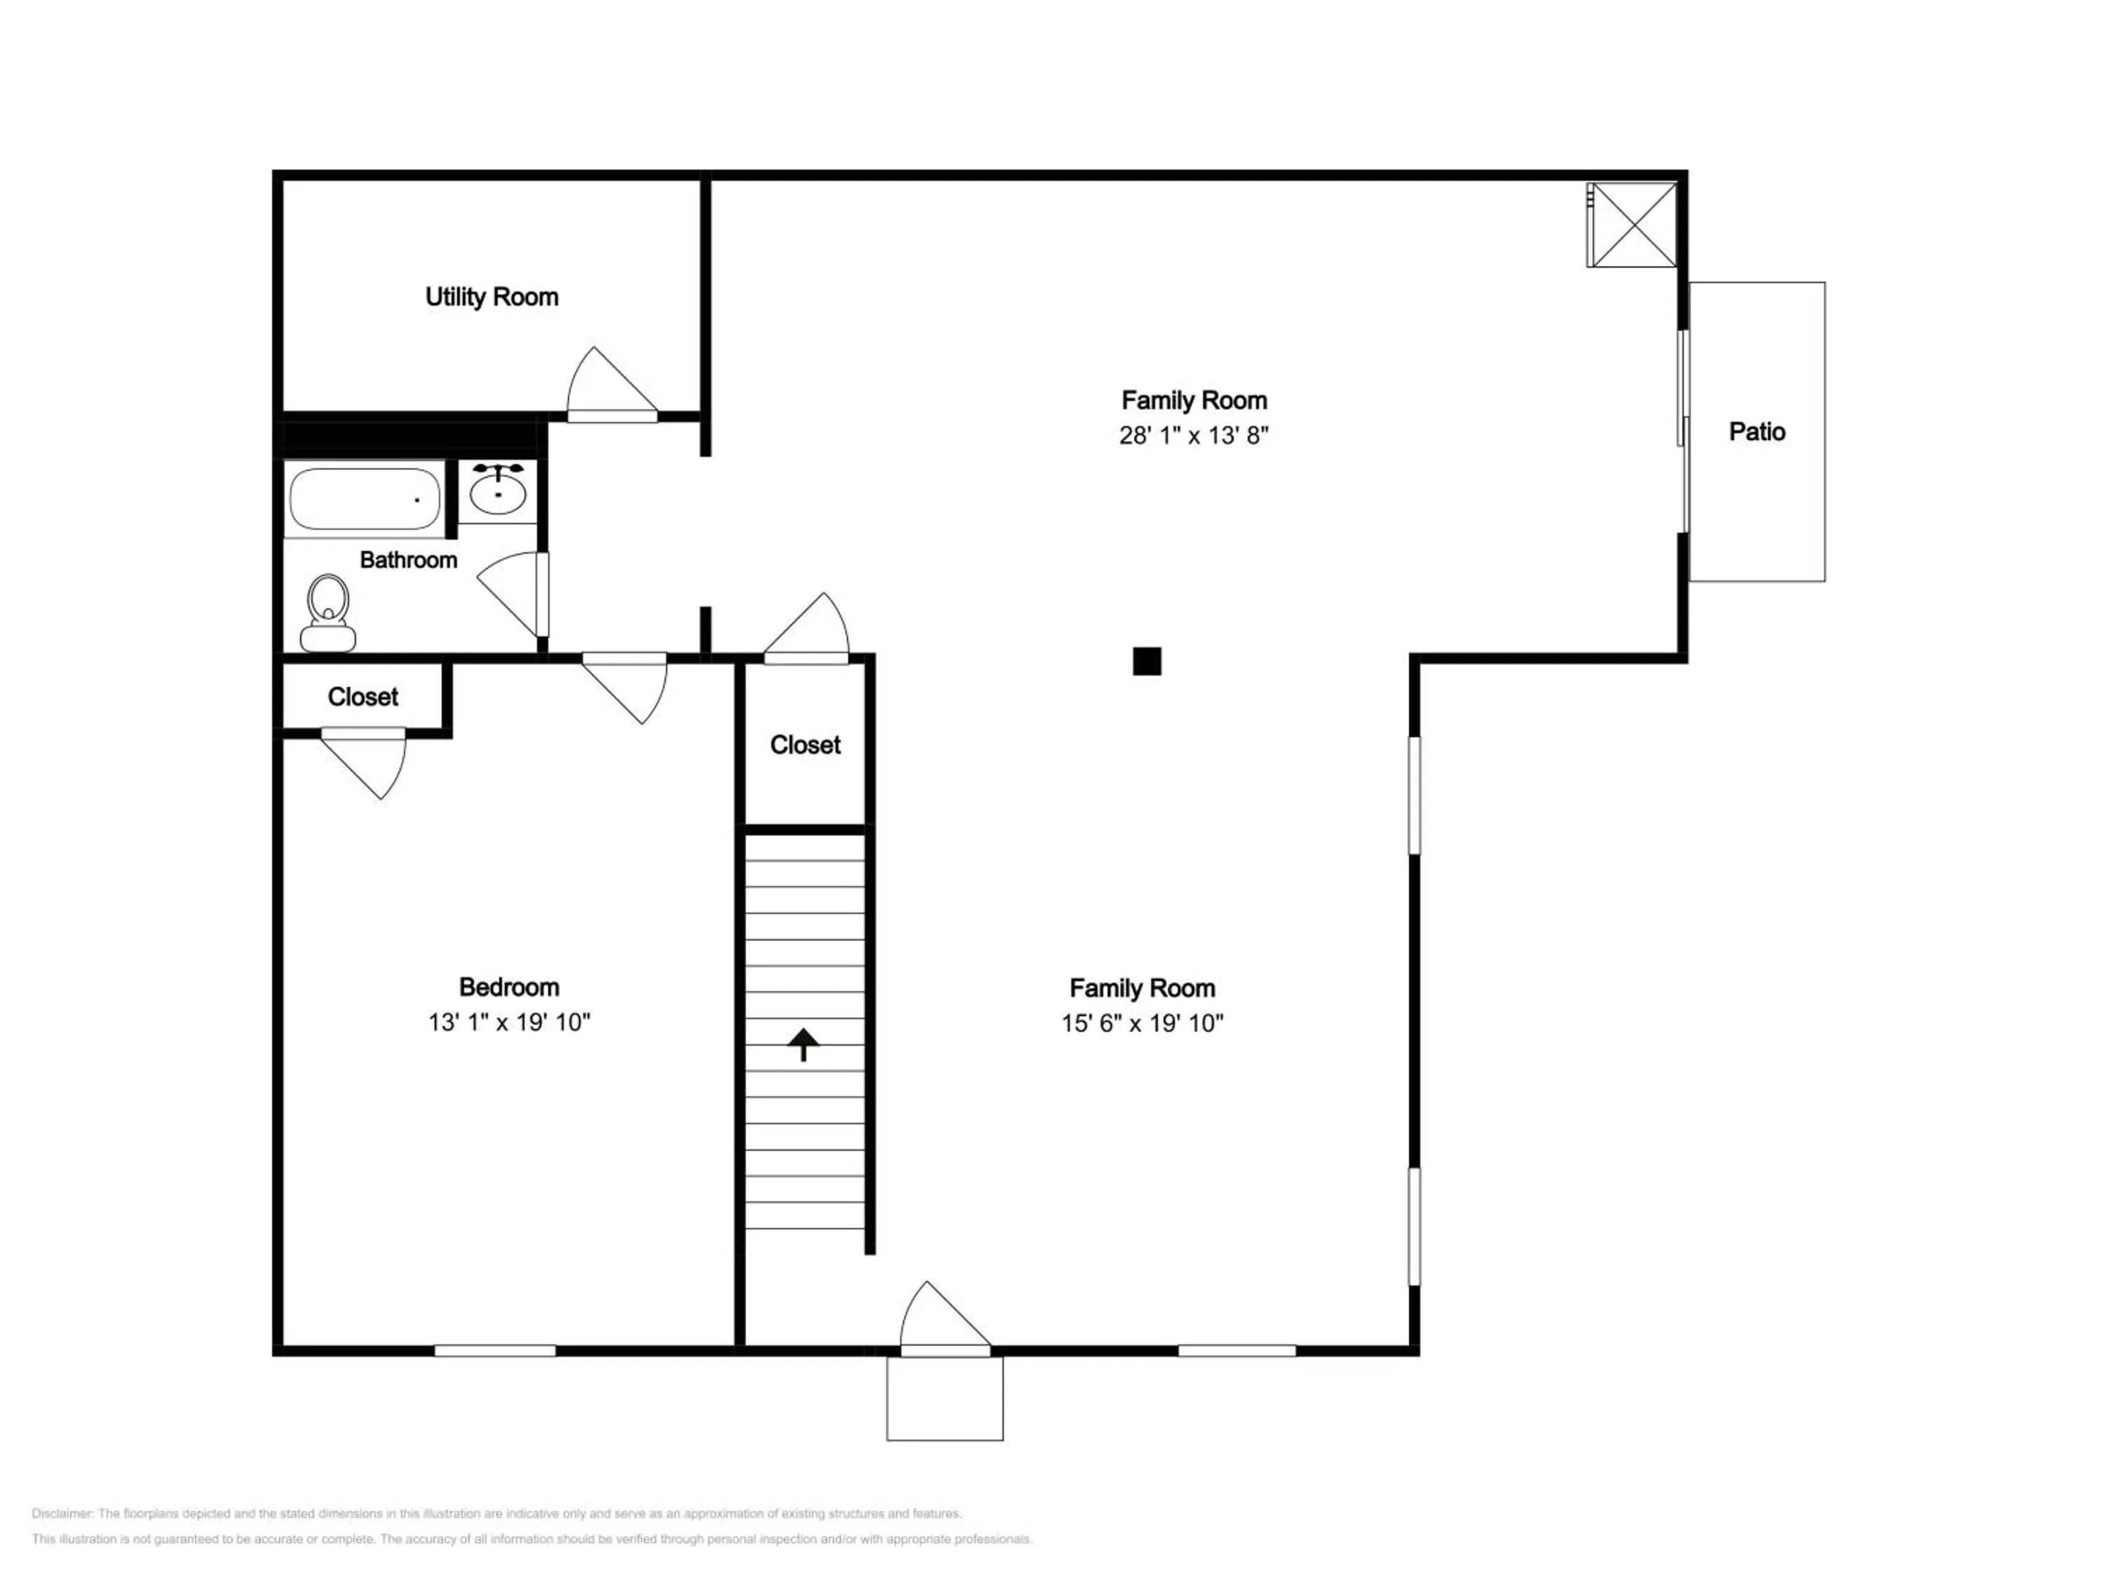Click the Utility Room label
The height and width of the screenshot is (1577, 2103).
click(x=491, y=298)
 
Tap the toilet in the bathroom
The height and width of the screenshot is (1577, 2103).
click(x=328, y=613)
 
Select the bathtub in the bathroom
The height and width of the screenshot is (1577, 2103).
click(x=365, y=499)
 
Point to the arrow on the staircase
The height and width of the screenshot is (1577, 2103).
click(x=803, y=1044)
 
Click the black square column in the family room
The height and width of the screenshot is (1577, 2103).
click(x=1147, y=662)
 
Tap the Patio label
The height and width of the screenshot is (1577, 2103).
click(x=1757, y=432)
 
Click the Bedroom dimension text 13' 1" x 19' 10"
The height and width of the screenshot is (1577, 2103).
click(x=510, y=1022)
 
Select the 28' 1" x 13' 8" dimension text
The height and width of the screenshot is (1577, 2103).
click(x=1194, y=435)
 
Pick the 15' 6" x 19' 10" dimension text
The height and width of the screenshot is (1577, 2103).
click(x=1143, y=1023)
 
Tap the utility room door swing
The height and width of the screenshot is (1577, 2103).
click(x=612, y=385)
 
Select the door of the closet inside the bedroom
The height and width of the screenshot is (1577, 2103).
click(x=364, y=763)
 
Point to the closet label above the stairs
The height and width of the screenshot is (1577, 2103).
click(x=805, y=745)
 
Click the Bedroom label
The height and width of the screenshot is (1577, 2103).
click(x=510, y=987)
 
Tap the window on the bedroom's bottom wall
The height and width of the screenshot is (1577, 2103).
click(x=496, y=1351)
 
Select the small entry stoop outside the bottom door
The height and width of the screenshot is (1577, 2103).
click(x=945, y=1398)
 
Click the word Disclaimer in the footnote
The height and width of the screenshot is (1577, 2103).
click(x=62, y=1513)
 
